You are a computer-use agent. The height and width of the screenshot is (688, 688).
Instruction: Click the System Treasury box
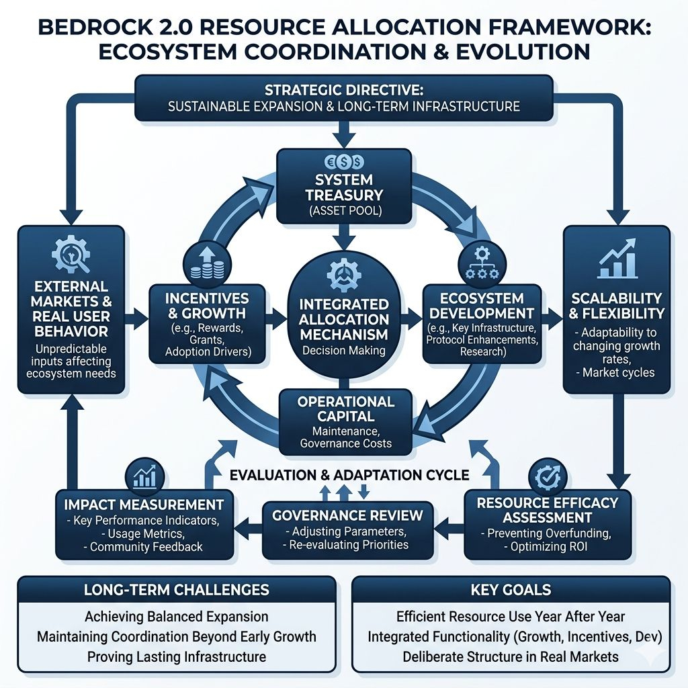(344, 187)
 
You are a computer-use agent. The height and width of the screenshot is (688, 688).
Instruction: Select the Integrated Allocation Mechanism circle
(344, 316)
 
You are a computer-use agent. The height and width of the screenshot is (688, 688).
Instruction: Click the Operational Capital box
(346, 422)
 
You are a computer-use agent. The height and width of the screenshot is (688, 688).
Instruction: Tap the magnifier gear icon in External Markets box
(71, 255)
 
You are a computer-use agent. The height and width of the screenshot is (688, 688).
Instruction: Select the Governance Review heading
(347, 515)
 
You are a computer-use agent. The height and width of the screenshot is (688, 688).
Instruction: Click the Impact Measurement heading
(144, 505)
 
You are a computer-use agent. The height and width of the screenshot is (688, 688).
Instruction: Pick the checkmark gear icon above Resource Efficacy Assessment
(548, 477)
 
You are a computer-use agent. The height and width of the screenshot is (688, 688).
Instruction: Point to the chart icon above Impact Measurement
(145, 477)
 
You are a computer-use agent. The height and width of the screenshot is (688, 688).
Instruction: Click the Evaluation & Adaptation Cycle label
(349, 475)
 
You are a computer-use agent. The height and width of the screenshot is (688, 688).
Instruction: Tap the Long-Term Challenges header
(177, 589)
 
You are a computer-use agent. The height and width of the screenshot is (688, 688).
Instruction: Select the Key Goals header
(511, 589)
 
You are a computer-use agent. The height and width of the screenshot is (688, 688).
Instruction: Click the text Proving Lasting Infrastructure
(177, 657)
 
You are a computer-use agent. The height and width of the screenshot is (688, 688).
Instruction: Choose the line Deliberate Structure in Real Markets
(511, 657)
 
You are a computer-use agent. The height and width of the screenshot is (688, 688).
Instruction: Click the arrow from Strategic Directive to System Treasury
(344, 134)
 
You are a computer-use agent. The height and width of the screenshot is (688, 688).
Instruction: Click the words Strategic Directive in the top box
(344, 90)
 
